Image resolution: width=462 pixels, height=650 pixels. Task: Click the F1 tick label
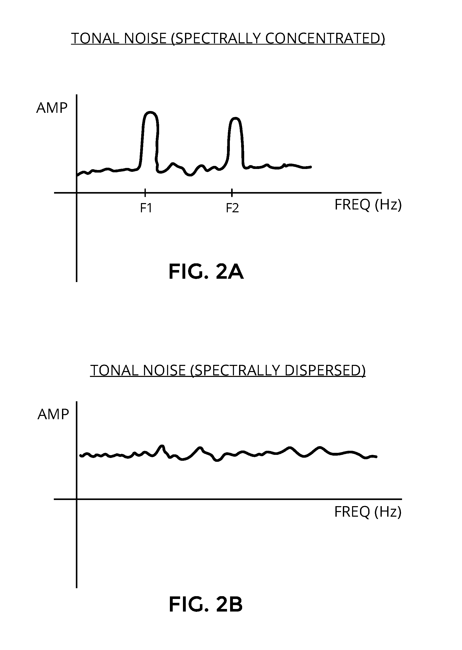coord(146,208)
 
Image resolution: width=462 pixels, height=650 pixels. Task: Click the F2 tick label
coord(232,208)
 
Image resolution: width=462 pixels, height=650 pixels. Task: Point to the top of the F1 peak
coord(150,112)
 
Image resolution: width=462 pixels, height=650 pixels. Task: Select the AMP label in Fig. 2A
coord(52,108)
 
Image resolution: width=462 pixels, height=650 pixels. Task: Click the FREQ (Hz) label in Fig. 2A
coord(368,205)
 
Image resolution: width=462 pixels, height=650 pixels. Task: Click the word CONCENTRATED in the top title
coord(325,38)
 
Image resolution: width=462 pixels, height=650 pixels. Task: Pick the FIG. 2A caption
coord(206,272)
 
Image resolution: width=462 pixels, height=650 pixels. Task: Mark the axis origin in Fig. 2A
coord(77,193)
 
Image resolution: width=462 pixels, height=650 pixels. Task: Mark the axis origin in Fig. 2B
coord(77,499)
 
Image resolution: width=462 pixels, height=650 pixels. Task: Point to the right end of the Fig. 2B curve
coord(376,457)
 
